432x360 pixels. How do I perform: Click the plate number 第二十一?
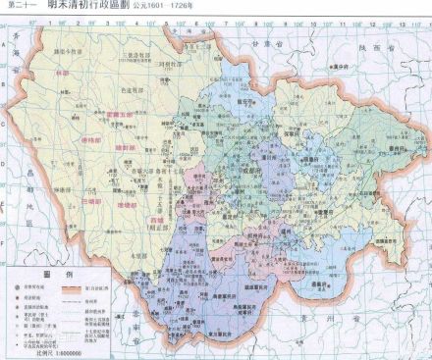pyautogui.click(x=21, y=6)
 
